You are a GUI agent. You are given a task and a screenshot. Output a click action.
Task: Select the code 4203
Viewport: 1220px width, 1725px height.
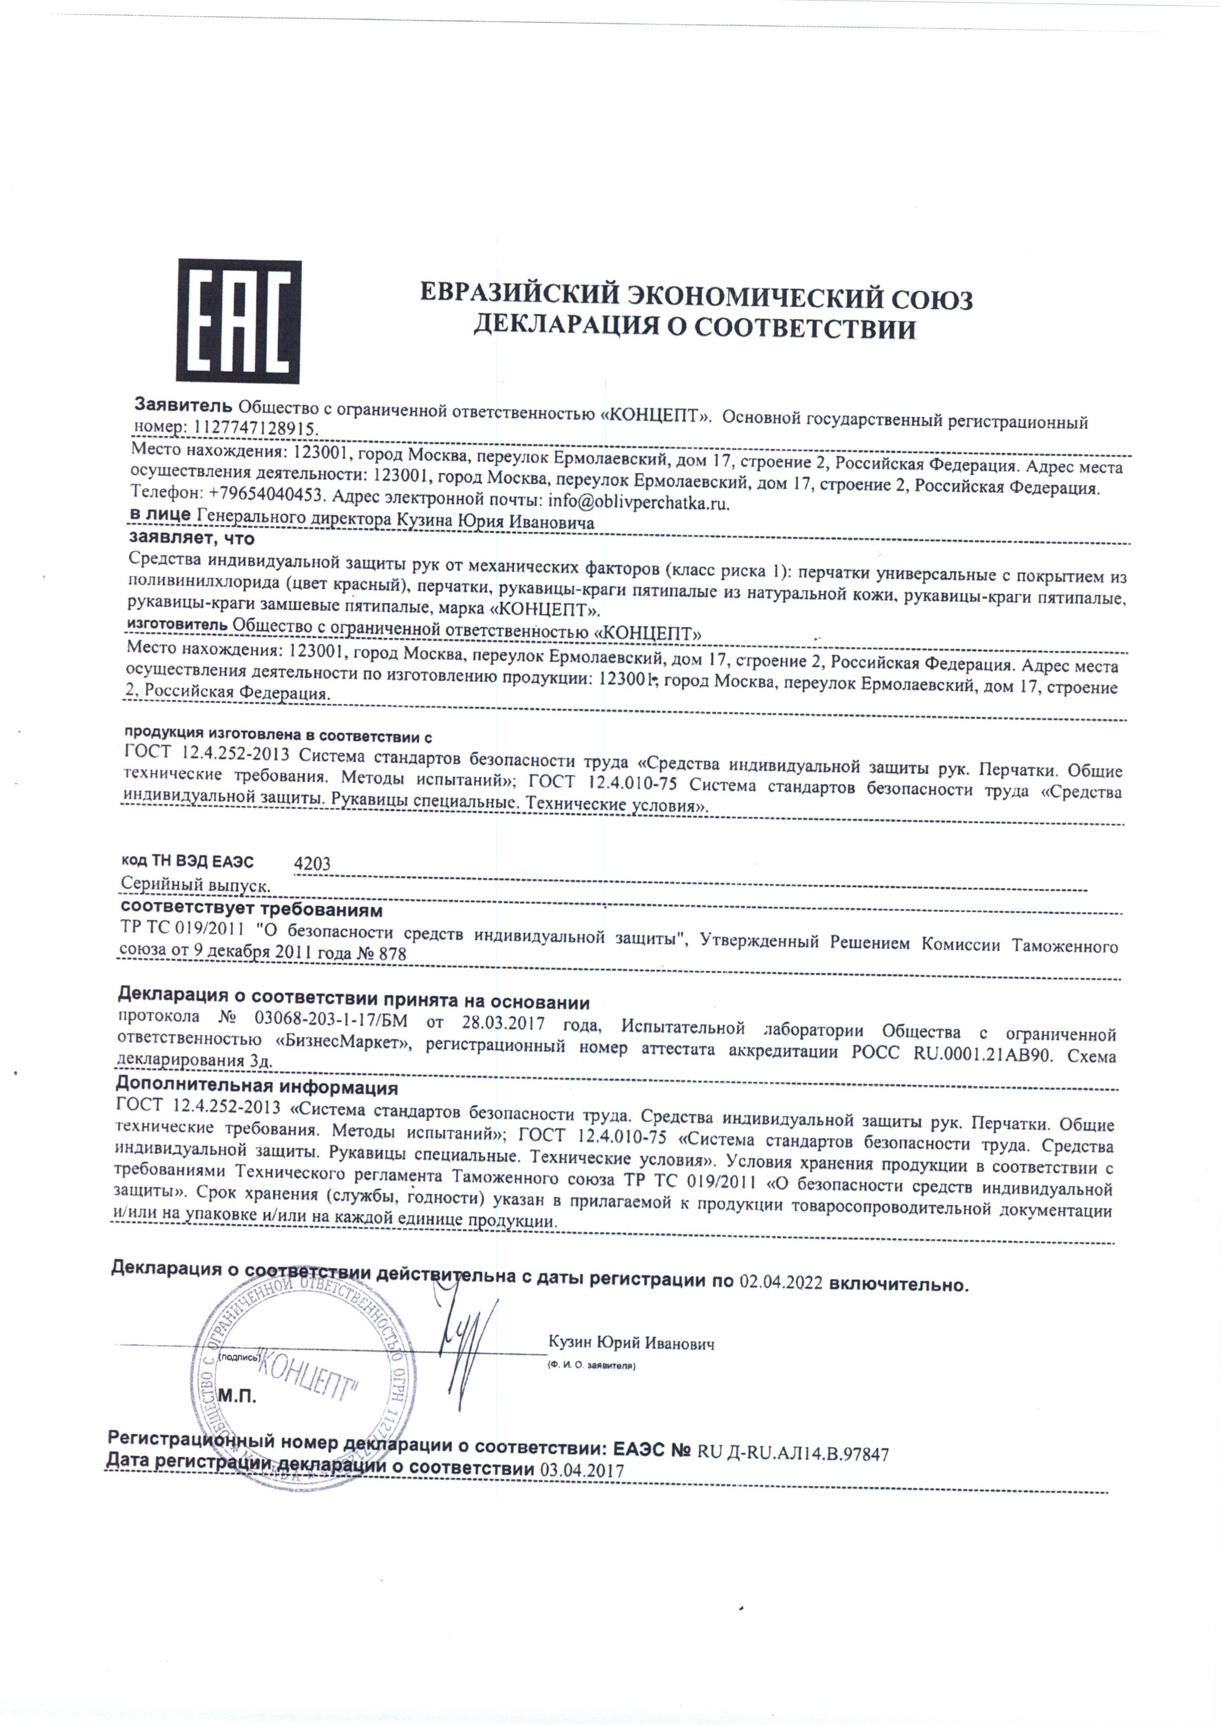[x=312, y=865]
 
